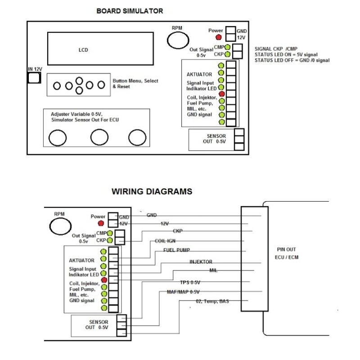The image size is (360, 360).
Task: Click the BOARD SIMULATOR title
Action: (130, 11)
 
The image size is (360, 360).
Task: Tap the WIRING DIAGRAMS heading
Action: (152, 191)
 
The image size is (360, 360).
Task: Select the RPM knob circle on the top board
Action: (177, 40)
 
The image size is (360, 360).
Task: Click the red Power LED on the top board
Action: (219, 37)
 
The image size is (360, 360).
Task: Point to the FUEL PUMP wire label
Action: (175, 250)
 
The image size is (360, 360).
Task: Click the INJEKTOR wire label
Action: (201, 261)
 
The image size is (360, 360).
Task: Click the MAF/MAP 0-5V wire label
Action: (183, 292)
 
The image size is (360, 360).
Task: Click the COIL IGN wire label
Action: (165, 241)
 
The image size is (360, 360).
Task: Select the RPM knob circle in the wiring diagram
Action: (60, 226)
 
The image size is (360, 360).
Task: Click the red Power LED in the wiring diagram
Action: (101, 223)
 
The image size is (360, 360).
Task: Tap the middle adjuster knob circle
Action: (99, 137)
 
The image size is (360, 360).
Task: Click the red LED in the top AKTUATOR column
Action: (221, 94)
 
